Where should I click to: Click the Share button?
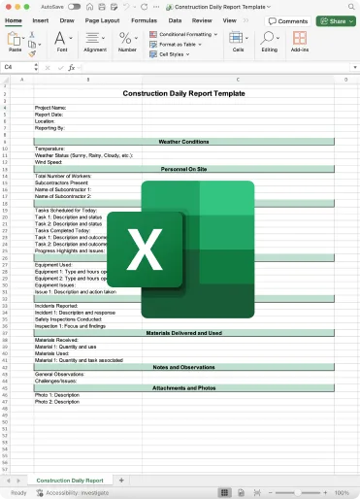click(335, 20)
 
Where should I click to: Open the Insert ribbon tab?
click(41, 19)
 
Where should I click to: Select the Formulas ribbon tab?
click(144, 19)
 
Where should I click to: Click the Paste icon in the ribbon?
click(16, 42)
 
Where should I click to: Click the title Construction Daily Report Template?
click(182, 93)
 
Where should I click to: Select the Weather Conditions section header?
click(183, 141)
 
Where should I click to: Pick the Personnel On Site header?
click(183, 169)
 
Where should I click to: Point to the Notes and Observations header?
click(183, 367)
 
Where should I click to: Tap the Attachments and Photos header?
click(183, 388)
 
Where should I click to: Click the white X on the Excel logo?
click(145, 250)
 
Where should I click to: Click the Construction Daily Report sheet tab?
click(69, 481)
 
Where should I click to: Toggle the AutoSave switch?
click(75, 6)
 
